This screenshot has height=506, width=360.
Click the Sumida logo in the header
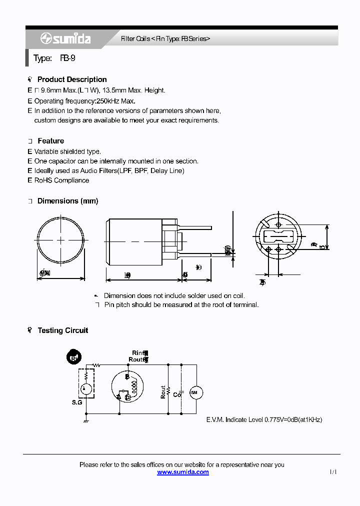pos(65,38)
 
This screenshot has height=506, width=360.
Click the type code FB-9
pos(68,58)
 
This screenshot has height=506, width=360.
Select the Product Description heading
pos(72,79)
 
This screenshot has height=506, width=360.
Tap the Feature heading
pos(50,141)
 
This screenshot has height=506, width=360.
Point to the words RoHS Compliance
pos(61,180)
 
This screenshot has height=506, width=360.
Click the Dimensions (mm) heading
pos(67,201)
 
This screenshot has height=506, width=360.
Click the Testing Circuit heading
pos(62,330)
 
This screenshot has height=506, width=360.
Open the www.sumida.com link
pos(183,472)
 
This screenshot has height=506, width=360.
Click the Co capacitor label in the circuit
pos(176,394)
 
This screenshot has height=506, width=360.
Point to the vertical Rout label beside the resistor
pos(163,391)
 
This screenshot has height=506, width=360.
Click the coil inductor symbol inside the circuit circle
pos(134,386)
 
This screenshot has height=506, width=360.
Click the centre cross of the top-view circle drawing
pos(61,240)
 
